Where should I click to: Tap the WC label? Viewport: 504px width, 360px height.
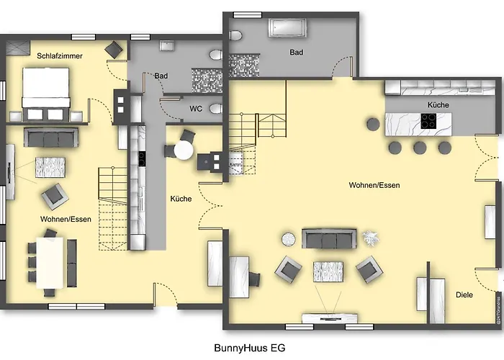tap(195, 109)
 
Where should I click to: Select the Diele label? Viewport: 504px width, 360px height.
tap(464, 294)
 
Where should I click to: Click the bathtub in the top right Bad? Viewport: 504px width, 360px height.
tap(287, 28)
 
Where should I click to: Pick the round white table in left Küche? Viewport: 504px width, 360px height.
tap(184, 150)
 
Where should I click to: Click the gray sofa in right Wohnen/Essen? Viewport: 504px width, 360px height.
tap(328, 238)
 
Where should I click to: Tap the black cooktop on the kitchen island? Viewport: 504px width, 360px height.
tap(428, 122)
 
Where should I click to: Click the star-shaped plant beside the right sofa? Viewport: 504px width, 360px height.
tap(371, 238)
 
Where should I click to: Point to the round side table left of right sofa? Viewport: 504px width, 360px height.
tap(289, 238)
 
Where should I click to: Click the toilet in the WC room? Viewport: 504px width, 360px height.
tap(214, 109)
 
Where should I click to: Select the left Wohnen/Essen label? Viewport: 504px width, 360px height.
tap(66, 219)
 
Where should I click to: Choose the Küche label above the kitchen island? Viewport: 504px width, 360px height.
tap(438, 105)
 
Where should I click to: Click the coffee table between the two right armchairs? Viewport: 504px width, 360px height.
tap(328, 271)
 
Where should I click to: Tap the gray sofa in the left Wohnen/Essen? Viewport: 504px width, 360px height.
tap(50, 136)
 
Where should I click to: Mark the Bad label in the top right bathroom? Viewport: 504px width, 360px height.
tap(296, 53)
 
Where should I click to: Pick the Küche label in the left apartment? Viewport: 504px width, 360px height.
tap(181, 199)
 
